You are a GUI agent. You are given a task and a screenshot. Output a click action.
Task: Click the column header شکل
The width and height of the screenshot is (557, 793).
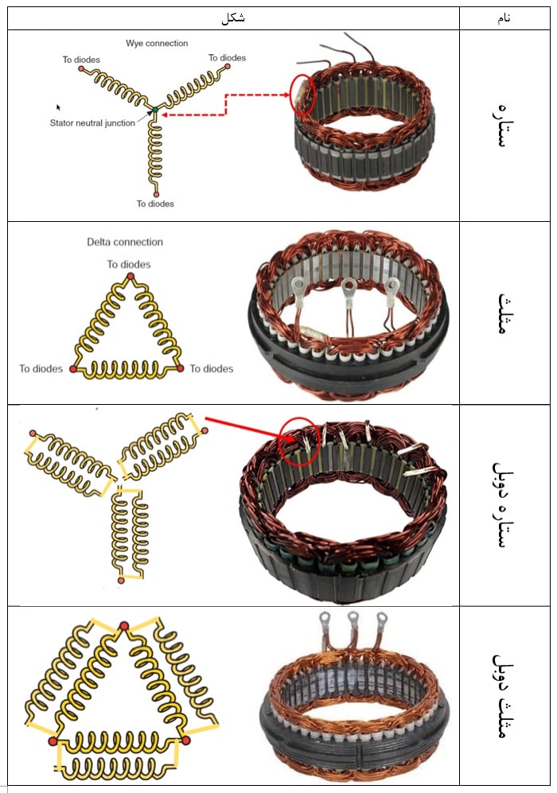233,18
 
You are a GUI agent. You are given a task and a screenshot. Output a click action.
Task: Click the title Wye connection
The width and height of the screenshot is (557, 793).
157,43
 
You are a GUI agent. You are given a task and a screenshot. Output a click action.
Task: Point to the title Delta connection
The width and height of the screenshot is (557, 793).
125,242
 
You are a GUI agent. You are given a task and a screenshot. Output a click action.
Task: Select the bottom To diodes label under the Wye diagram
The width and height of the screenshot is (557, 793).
155,204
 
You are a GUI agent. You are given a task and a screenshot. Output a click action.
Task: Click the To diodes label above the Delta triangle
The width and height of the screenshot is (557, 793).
129,264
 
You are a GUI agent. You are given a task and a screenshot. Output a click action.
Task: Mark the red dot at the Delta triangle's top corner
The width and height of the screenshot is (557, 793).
130,277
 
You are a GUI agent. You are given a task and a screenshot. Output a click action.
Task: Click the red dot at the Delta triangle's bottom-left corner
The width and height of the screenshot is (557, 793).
73,369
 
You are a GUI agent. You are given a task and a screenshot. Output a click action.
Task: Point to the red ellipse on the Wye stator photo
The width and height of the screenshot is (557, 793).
303,95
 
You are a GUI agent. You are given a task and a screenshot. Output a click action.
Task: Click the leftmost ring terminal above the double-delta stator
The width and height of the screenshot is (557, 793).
325,618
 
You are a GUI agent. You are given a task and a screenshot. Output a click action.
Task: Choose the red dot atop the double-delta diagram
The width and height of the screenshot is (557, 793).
123,628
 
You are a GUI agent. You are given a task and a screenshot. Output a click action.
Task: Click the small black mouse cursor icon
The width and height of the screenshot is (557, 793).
58,107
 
